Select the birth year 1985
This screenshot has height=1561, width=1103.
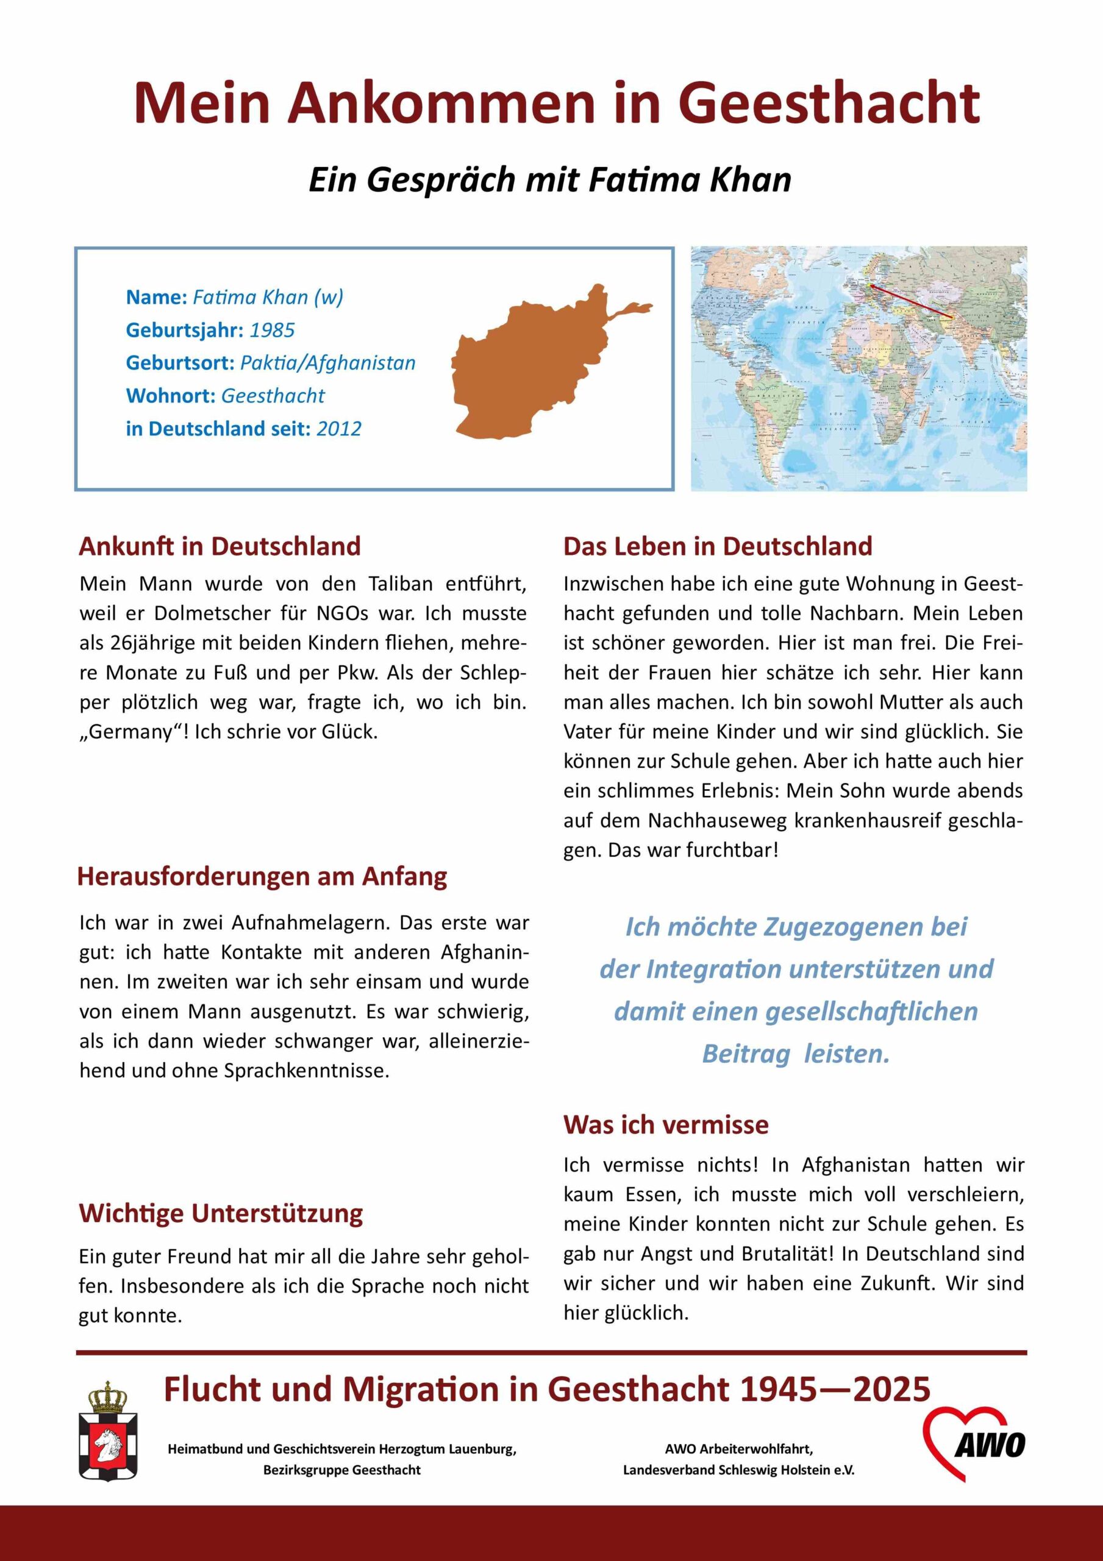click(272, 330)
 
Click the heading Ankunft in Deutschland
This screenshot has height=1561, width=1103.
click(220, 546)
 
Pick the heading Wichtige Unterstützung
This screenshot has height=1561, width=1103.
click(221, 1213)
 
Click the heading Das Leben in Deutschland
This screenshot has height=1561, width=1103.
click(718, 546)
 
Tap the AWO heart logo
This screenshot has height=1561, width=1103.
click(976, 1445)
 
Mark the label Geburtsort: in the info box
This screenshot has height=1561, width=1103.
click(180, 363)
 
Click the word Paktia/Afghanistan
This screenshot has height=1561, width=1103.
click(328, 363)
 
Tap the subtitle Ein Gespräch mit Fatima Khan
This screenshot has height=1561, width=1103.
click(550, 180)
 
